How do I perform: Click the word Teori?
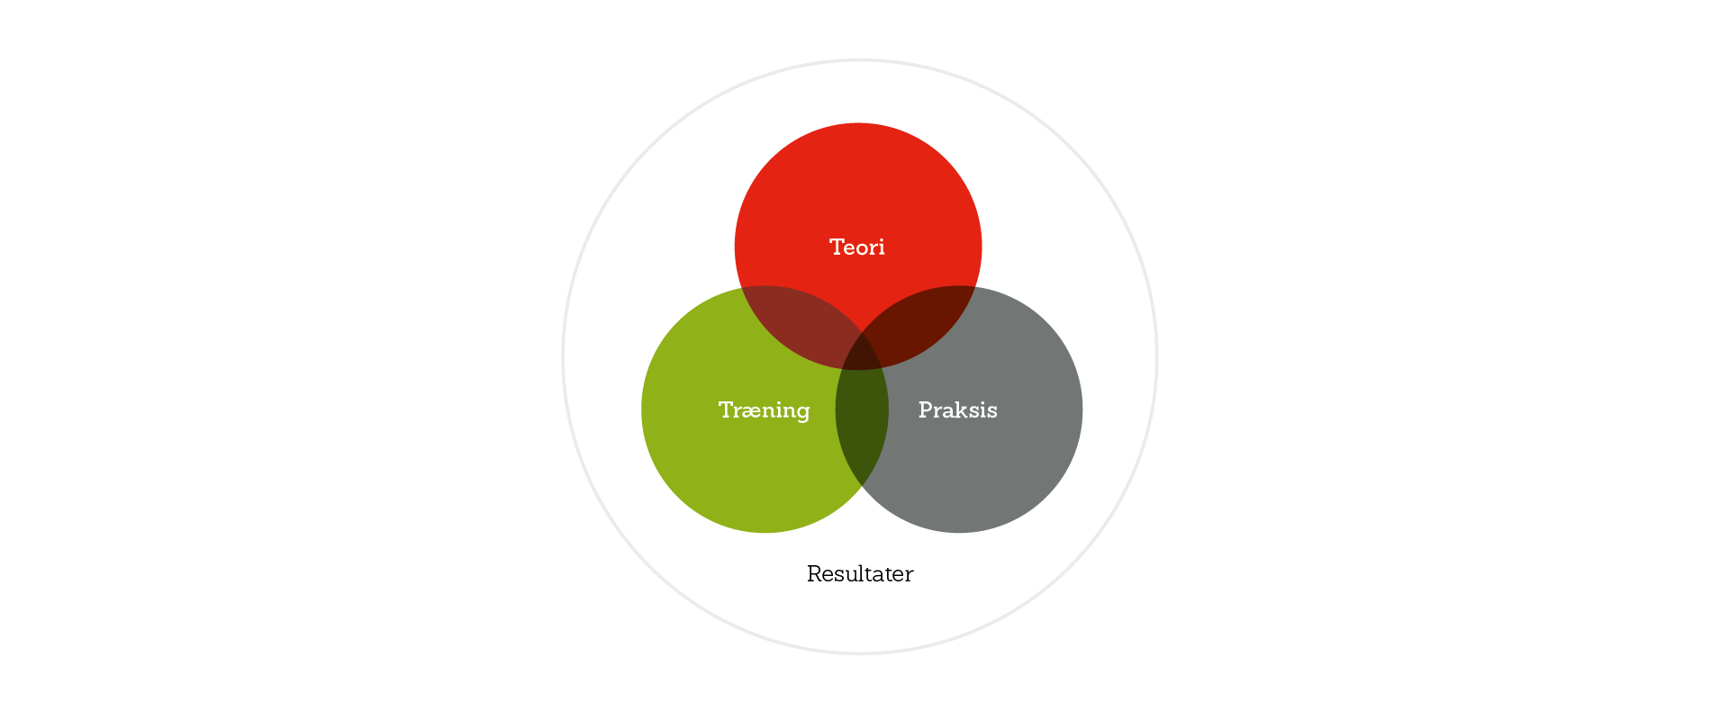click(x=856, y=247)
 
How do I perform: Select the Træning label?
click(x=764, y=410)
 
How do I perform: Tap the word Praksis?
click(x=957, y=410)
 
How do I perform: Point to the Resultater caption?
click(x=860, y=574)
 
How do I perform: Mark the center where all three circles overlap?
click(x=861, y=354)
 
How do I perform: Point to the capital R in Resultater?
click(x=814, y=574)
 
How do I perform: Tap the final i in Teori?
click(x=882, y=247)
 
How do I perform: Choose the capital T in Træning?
click(x=726, y=410)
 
